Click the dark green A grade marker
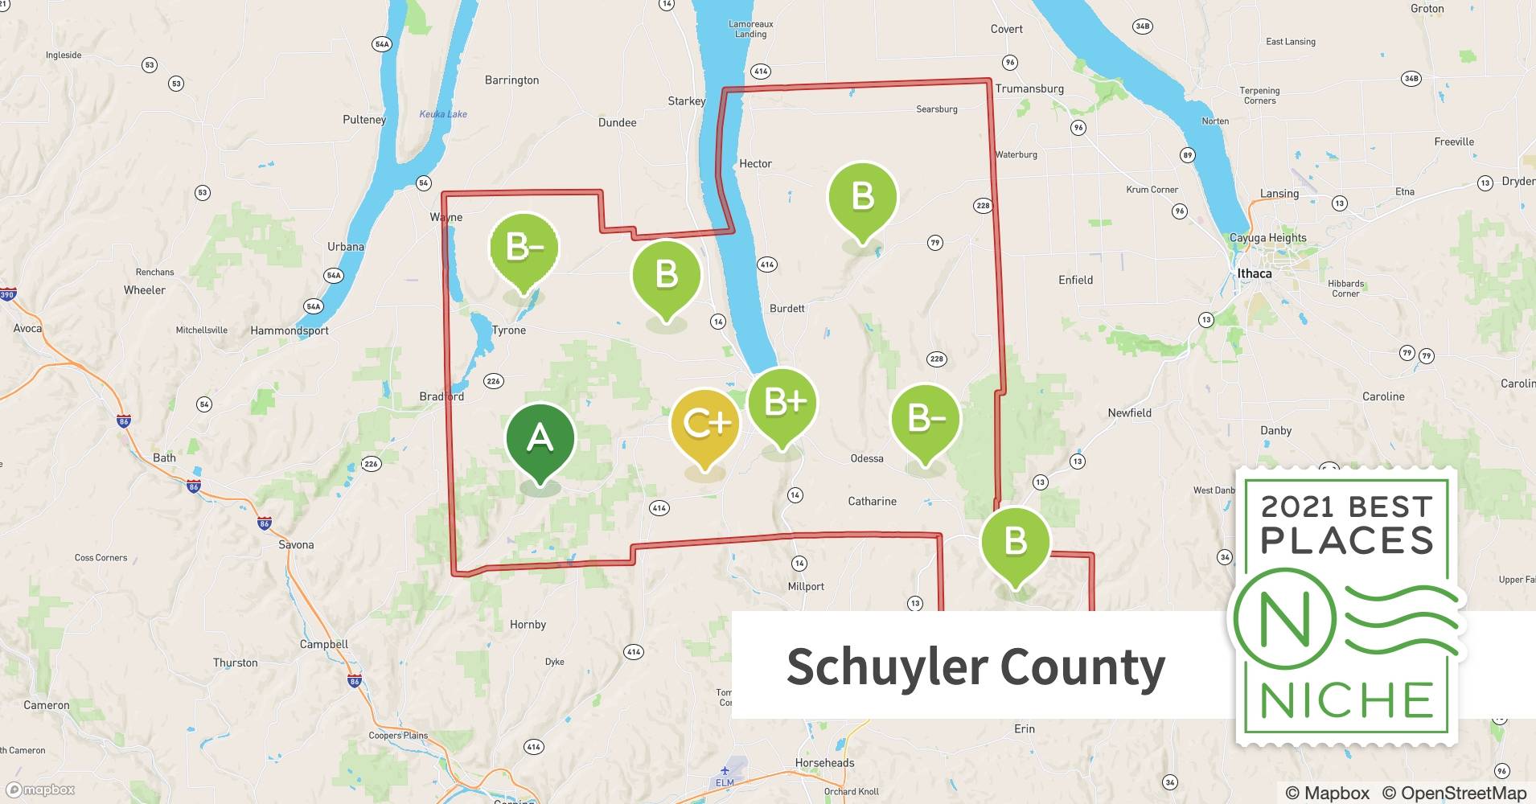point(540,438)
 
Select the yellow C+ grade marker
point(705,424)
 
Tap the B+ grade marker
point(782,402)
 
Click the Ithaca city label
point(1254,273)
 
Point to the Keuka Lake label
point(443,114)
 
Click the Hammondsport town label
point(290,330)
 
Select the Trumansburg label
point(1029,88)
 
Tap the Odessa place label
point(867,458)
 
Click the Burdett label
point(786,309)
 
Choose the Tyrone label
point(508,330)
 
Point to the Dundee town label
point(617,123)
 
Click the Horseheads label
point(824,762)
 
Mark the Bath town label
point(164,457)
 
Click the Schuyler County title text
point(975,667)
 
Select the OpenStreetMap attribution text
point(1454,793)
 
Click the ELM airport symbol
point(725,770)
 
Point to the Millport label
point(806,586)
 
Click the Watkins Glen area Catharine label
point(872,501)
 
